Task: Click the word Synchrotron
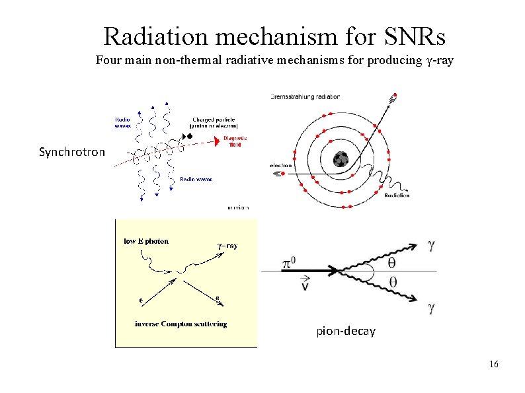tap(71, 153)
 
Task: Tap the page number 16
tap(493, 365)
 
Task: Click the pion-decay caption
tap(345, 331)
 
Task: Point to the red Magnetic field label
tap(235, 141)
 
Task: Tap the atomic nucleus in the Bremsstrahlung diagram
tap(341, 159)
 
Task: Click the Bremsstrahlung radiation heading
tap(305, 96)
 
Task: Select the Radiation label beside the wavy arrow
tap(397, 195)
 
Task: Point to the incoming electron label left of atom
tap(282, 165)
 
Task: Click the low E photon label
tap(147, 241)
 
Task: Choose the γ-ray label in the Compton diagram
tap(227, 246)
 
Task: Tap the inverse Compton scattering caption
tap(181, 324)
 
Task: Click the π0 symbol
tap(288, 264)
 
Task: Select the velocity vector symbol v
tap(305, 284)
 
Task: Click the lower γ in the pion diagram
tap(431, 307)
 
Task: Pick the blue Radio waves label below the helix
tap(196, 179)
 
